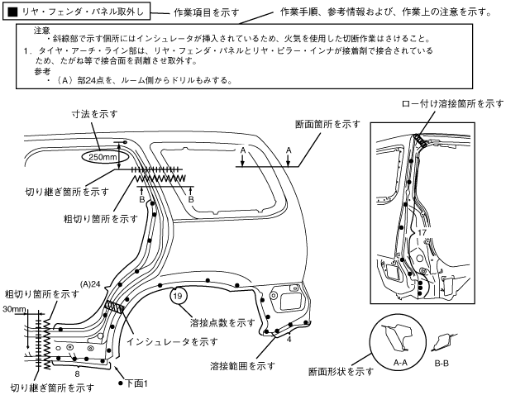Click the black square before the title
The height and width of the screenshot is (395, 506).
(12, 14)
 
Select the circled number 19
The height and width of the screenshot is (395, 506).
(178, 295)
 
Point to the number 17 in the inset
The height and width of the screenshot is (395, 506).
(422, 233)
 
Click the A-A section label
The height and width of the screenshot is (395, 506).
(401, 361)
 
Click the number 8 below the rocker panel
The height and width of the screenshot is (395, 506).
(77, 373)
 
